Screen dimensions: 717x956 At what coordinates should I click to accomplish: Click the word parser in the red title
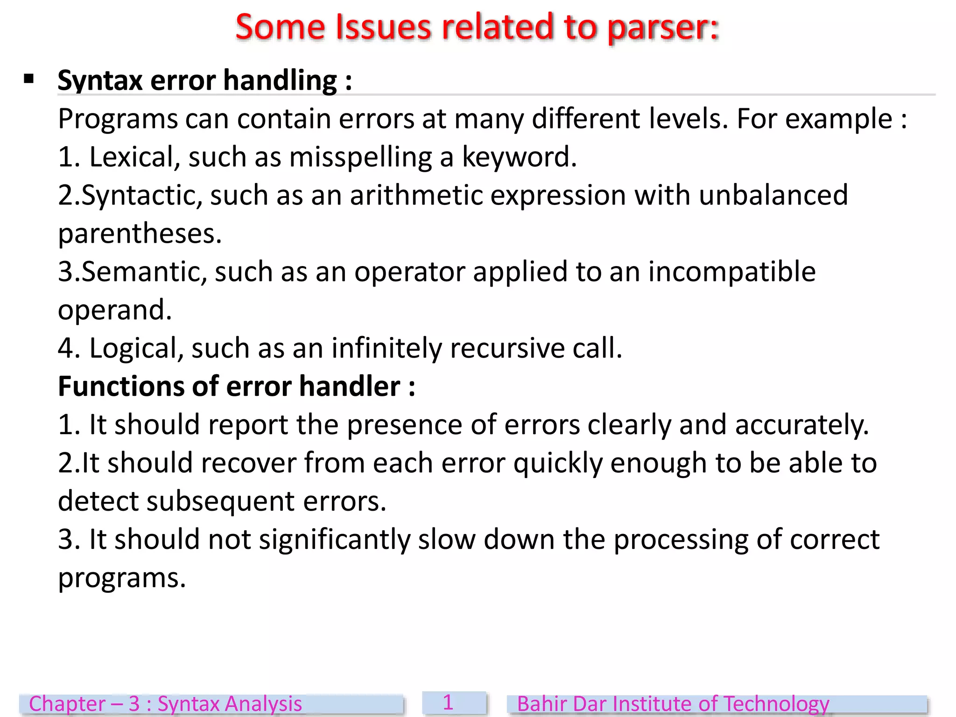tap(663, 28)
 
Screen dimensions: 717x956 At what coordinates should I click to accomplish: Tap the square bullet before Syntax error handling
tap(29, 79)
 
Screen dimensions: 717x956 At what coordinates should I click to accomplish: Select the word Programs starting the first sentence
tap(118, 119)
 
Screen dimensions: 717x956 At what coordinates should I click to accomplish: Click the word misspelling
tap(360, 157)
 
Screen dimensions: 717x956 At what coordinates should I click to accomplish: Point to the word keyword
tap(519, 157)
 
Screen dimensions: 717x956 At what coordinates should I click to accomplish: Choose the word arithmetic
tap(416, 195)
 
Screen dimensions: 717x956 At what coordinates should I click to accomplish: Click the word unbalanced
tap(773, 195)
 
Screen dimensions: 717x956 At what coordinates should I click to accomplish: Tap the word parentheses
tap(139, 234)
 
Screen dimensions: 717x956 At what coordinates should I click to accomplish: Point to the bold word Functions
tap(121, 387)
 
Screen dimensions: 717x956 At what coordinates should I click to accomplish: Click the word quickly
tap(558, 464)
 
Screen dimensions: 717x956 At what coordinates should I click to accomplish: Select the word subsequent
tap(221, 502)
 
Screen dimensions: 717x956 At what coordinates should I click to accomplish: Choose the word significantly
tap(334, 540)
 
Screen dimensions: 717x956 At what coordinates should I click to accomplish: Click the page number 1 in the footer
tap(448, 703)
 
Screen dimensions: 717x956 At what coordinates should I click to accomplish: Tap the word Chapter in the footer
tap(67, 704)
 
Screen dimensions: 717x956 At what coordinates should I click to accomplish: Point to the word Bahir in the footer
tap(541, 704)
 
